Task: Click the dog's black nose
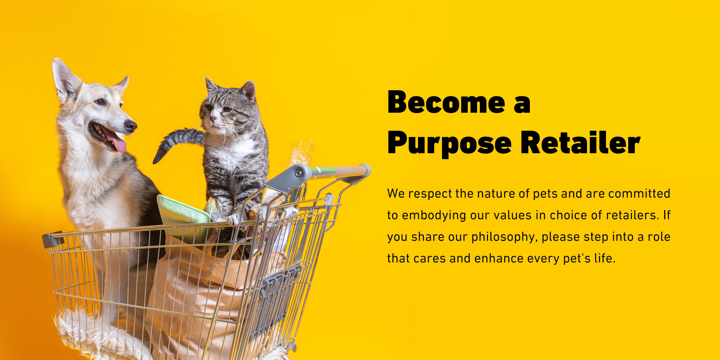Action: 130,126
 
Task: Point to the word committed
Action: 639,193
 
